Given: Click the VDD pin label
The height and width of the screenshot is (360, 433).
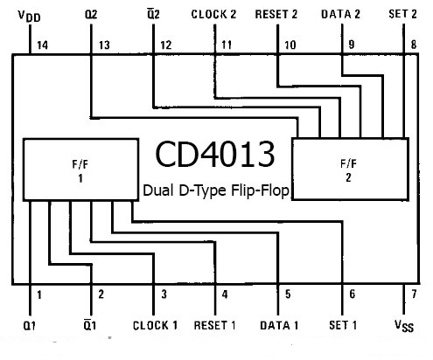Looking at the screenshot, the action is pyautogui.click(x=30, y=16).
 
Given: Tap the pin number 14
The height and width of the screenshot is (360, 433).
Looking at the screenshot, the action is pyautogui.click(x=43, y=45).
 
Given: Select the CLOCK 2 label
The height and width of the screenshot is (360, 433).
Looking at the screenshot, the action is pyautogui.click(x=213, y=14).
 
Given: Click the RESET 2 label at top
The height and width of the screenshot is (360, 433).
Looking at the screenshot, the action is pyautogui.click(x=276, y=14).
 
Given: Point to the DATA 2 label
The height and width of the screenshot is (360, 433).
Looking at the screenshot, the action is pyautogui.click(x=340, y=14).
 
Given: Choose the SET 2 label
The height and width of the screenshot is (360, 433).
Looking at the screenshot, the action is pyautogui.click(x=402, y=14).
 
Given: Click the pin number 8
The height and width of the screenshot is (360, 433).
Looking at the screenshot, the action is pyautogui.click(x=414, y=45).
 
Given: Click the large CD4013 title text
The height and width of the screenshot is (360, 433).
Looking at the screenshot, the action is pyautogui.click(x=215, y=154).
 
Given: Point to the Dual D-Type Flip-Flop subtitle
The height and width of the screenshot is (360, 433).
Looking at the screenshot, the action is pyautogui.click(x=216, y=190).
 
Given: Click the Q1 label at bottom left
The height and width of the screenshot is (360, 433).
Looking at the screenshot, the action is pyautogui.click(x=29, y=325).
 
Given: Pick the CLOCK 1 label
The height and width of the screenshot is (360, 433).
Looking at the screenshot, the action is pyautogui.click(x=155, y=325).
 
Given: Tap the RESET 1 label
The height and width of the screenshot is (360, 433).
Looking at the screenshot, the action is pyautogui.click(x=215, y=325).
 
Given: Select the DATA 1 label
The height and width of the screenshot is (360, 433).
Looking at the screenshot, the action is pyautogui.click(x=279, y=325).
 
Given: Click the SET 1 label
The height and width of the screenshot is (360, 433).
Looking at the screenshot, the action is pyautogui.click(x=343, y=325).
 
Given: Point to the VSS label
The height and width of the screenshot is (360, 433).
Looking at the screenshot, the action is pyautogui.click(x=404, y=326).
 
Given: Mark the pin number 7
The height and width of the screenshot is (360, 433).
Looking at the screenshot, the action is pyautogui.click(x=414, y=294).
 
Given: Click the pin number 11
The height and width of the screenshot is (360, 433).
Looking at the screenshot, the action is pyautogui.click(x=227, y=45).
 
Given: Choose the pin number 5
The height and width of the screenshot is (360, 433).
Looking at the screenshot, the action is pyautogui.click(x=288, y=294).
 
